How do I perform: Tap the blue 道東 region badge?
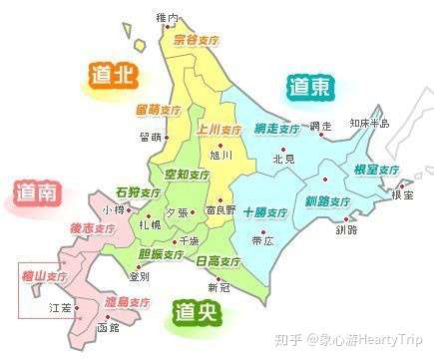click(308, 89)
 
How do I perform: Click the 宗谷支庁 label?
click(196, 41)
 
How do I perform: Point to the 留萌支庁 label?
click(159, 108)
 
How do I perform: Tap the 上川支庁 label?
click(219, 130)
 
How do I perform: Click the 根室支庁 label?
click(376, 170)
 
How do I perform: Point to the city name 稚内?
click(168, 18)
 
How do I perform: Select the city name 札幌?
click(151, 225)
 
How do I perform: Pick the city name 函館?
click(107, 326)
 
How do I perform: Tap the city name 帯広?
click(262, 240)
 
